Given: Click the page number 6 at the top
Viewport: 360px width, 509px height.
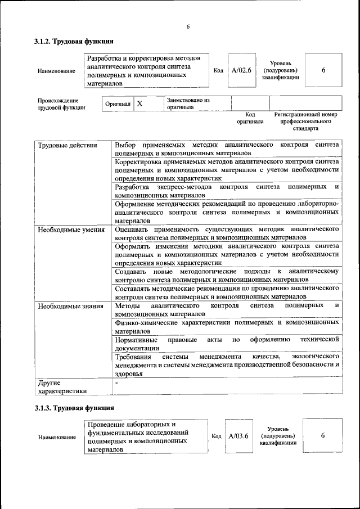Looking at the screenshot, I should pos(188,26).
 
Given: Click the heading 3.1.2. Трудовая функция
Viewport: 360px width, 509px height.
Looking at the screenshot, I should pos(74,41).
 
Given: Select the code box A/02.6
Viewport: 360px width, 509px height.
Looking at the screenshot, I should pos(241,70).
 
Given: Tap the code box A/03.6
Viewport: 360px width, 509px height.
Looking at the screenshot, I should pos(238,436).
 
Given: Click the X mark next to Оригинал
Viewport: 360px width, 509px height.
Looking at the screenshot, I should pos(140,104).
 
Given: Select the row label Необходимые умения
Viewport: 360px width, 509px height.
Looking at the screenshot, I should pos(71,229).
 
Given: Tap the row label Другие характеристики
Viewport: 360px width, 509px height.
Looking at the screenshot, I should pos(62,386).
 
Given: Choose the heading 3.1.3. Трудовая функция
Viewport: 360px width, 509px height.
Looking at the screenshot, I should pos(74,407).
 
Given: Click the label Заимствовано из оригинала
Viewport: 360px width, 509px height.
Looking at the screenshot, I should pos(188,103).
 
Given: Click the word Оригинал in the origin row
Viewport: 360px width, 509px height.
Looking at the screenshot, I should pos(118,104).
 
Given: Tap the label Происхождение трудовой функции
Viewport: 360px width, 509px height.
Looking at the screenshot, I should pos(62,104).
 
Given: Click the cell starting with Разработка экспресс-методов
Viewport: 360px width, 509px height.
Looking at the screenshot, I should pos(226,190).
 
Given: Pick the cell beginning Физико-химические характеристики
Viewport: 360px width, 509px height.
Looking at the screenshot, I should pos(226,327).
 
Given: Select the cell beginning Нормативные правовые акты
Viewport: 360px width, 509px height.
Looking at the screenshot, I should pos(226,344).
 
